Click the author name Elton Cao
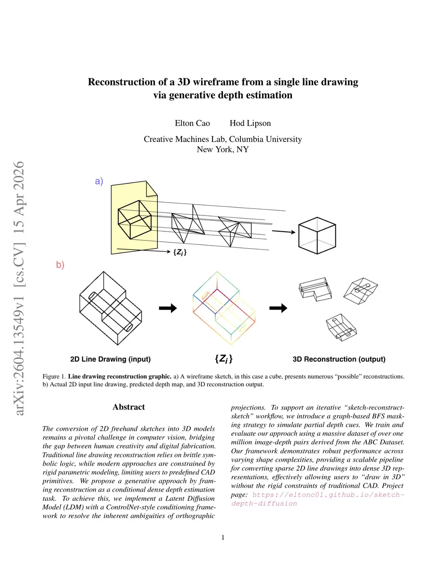(192, 123)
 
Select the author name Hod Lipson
(250, 123)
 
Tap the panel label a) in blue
(99, 181)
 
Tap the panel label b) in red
(60, 265)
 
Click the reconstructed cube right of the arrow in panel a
(317, 236)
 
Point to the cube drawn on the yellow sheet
(134, 219)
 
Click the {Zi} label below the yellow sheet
(180, 252)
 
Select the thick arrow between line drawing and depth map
(168, 308)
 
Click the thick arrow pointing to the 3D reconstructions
(278, 308)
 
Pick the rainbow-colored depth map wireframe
(223, 308)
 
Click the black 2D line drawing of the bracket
(111, 308)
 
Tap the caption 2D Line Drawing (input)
(110, 359)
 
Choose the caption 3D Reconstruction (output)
(339, 359)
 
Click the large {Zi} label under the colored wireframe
(223, 359)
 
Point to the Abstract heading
(128, 407)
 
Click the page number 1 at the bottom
(223, 537)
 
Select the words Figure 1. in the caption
(54, 377)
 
